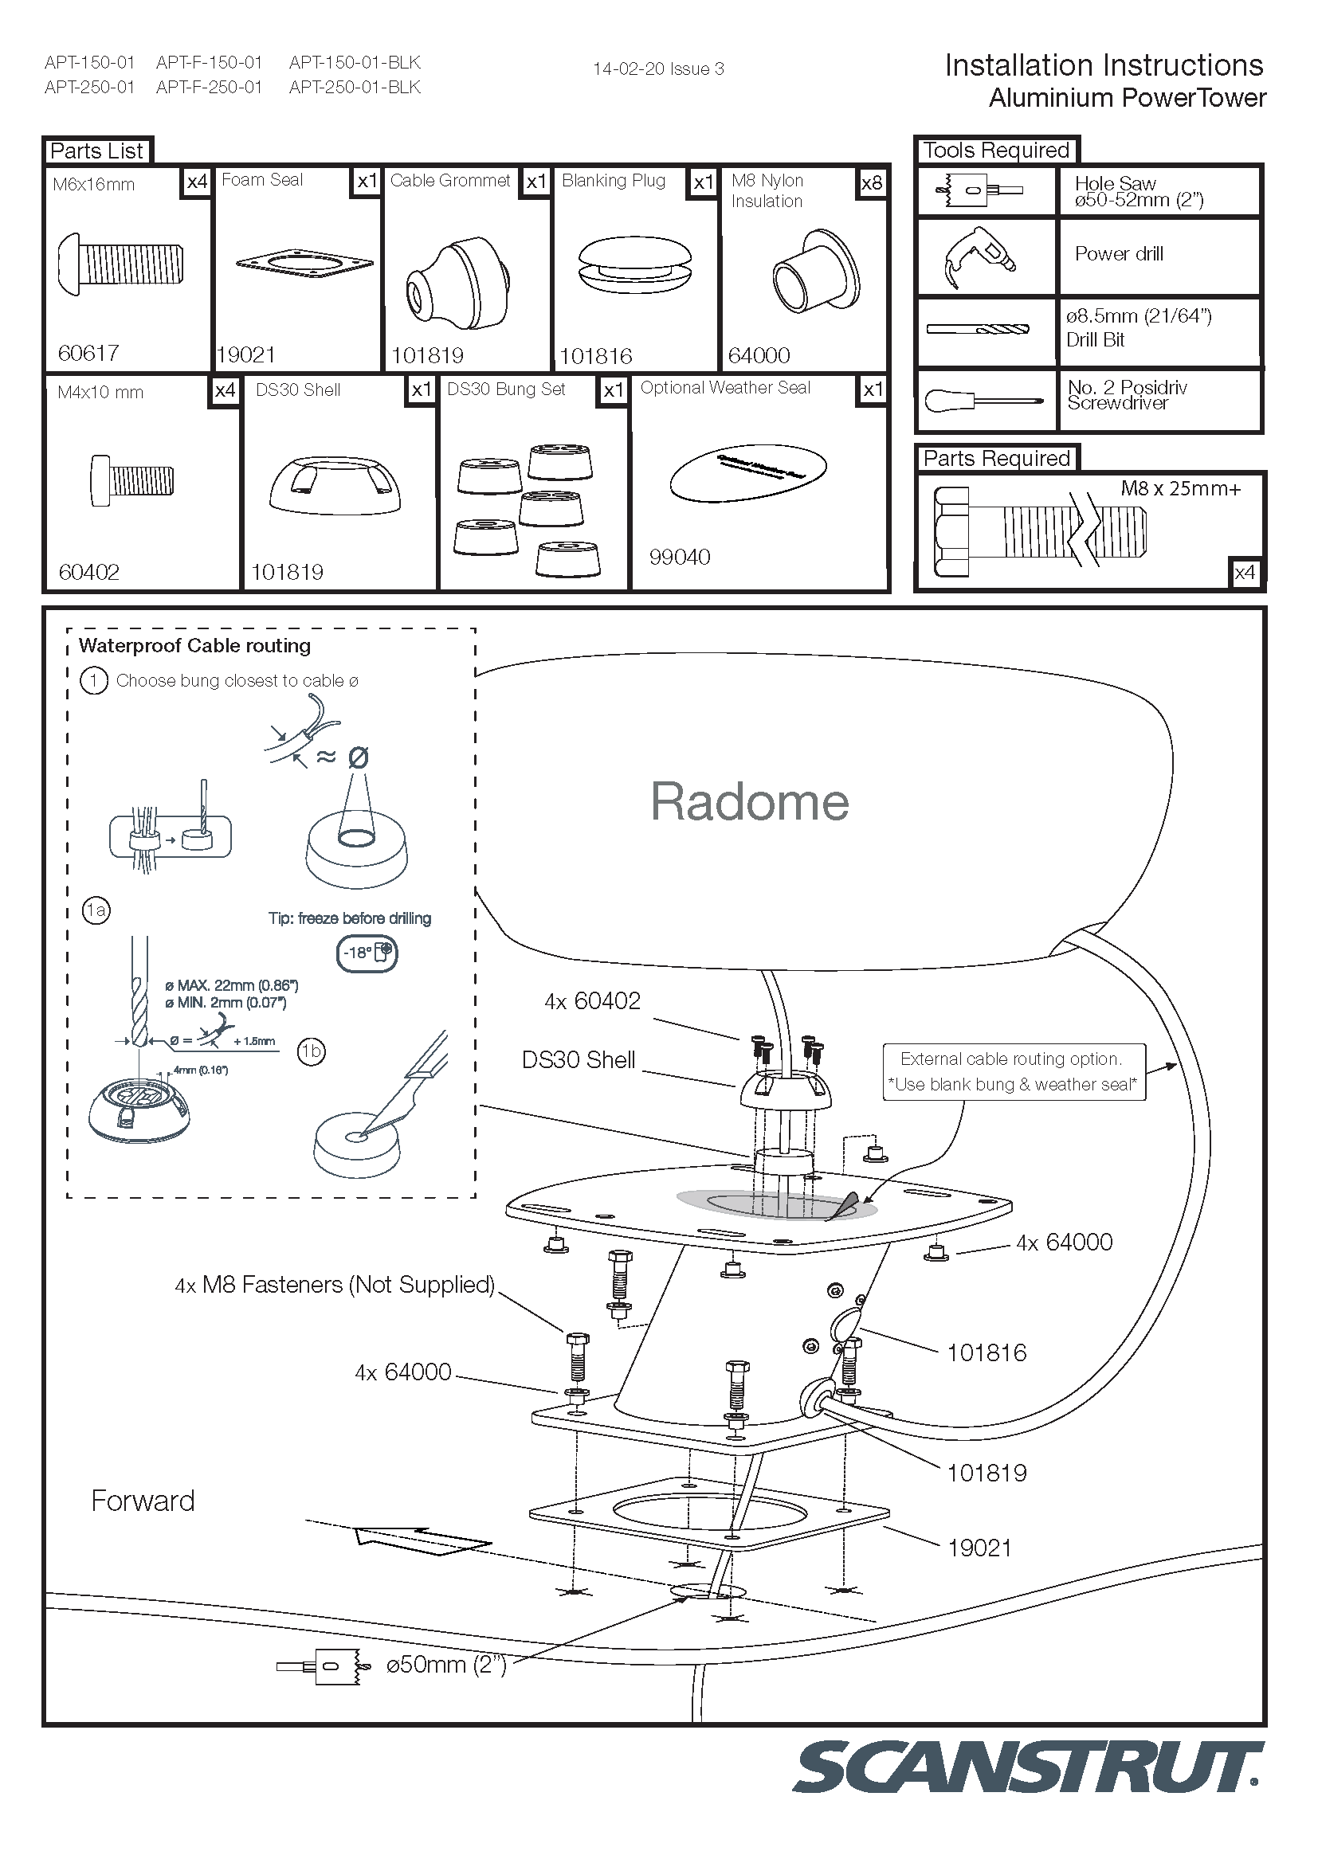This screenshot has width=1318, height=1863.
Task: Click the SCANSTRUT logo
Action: (x=1026, y=1767)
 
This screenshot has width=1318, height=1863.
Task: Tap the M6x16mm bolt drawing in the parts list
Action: (x=121, y=264)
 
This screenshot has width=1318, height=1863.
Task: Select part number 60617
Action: (x=88, y=353)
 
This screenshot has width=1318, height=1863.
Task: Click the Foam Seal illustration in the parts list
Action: (x=304, y=264)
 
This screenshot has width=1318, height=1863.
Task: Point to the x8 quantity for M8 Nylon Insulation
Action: (x=872, y=182)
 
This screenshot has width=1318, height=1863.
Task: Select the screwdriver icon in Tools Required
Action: (x=983, y=400)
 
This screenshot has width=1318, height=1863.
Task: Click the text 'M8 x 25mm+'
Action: (x=1180, y=488)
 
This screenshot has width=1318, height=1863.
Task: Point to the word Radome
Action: (x=749, y=802)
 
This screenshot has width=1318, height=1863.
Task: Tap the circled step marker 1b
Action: (x=312, y=1051)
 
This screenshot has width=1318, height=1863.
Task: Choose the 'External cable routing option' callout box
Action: (x=1014, y=1071)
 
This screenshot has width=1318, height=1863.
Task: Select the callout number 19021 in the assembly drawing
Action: (x=979, y=1548)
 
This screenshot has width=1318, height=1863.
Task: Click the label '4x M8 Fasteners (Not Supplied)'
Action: (x=335, y=1285)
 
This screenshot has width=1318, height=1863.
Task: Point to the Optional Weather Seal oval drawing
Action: (x=747, y=472)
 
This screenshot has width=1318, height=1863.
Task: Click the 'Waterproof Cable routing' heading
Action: (x=194, y=646)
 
